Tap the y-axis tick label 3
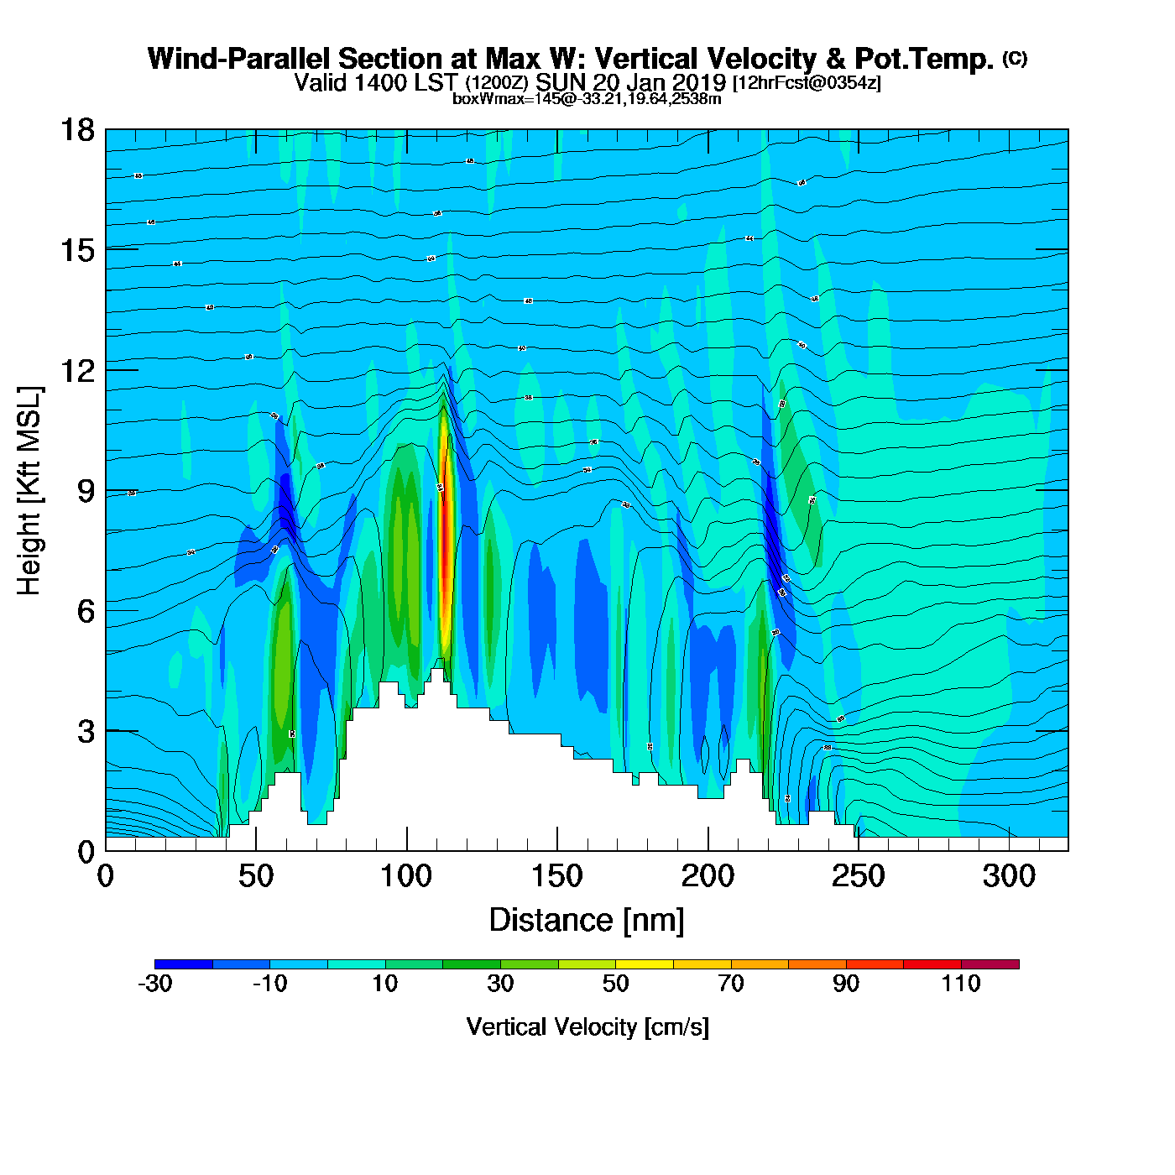(86, 731)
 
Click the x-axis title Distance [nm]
(587, 921)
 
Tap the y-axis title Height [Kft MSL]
(29, 491)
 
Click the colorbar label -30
(155, 984)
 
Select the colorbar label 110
(961, 984)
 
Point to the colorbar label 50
(615, 984)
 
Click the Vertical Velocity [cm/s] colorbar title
(587, 1027)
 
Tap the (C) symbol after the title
(1015, 58)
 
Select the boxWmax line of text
(587, 99)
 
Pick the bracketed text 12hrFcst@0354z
(807, 83)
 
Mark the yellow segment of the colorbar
(644, 964)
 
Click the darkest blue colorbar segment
(183, 964)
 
